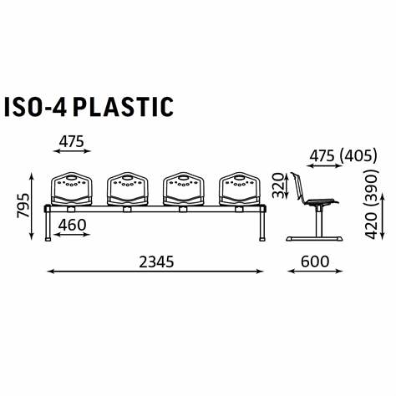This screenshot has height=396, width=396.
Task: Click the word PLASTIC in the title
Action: (123, 106)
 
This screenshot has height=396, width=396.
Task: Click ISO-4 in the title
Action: (35, 106)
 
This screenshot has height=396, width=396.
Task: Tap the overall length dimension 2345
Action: (156, 261)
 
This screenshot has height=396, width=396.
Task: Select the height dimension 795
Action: (23, 206)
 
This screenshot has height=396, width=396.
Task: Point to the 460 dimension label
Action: (72, 225)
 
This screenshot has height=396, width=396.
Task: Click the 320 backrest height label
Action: (277, 185)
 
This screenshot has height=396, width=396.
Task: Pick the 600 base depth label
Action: (315, 261)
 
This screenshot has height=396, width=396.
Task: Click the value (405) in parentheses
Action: (358, 155)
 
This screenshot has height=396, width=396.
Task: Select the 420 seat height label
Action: (371, 225)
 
